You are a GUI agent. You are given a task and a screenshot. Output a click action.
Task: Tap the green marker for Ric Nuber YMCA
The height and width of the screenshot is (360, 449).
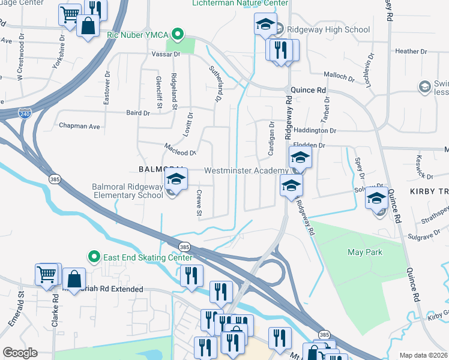click(178, 34)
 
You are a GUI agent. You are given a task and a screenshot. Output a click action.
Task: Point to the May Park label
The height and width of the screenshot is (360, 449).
click(365, 252)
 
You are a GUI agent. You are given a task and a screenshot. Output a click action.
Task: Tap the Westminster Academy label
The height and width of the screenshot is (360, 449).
click(246, 170)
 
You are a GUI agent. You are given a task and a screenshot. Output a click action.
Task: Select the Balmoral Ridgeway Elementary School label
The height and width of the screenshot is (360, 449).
click(127, 191)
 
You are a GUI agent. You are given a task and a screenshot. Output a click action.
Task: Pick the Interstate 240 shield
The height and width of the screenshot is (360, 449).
click(24, 112)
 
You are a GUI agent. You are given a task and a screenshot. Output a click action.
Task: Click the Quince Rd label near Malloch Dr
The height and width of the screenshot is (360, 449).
click(309, 90)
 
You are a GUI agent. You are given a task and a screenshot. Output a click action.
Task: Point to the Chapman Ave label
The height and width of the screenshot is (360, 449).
click(79, 127)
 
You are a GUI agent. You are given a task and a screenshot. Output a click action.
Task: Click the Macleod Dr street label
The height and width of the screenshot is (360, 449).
click(181, 152)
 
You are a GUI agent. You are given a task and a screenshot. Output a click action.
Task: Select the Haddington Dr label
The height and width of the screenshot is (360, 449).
click(315, 130)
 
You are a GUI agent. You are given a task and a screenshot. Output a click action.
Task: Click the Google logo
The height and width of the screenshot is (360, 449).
click(20, 352)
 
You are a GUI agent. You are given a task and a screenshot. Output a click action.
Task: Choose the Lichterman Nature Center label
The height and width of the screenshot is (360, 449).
click(239, 3)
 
